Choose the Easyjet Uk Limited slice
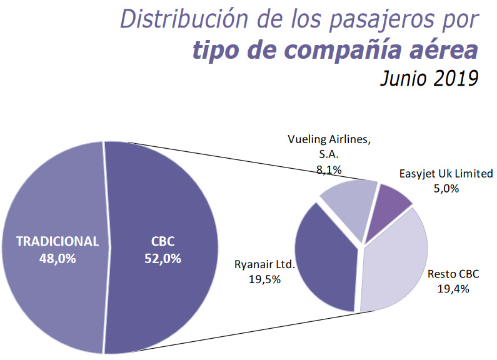[x=388, y=209]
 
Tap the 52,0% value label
[x=161, y=257]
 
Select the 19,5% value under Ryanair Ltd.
[x=265, y=279]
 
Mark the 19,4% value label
[x=453, y=288]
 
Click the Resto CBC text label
[x=453, y=274]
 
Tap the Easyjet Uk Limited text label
[x=445, y=174]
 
